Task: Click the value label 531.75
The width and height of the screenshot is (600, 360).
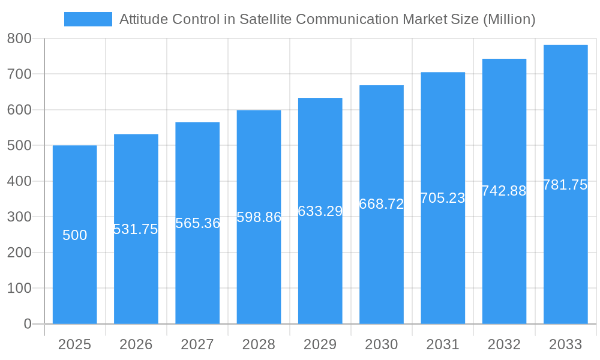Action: (136, 229)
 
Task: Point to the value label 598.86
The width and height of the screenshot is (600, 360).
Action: (259, 217)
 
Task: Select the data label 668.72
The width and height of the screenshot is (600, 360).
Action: (381, 204)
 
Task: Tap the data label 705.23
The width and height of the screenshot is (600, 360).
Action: (443, 198)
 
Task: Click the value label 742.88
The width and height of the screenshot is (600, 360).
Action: (504, 191)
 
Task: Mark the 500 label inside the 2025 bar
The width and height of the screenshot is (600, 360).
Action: (75, 235)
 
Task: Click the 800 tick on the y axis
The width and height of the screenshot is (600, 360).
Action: (19, 38)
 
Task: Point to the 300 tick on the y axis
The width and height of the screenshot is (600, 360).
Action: (19, 217)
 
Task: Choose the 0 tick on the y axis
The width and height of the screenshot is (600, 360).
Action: (28, 324)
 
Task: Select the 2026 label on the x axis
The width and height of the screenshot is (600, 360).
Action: (136, 344)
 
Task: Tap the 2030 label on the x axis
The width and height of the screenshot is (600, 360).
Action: (382, 344)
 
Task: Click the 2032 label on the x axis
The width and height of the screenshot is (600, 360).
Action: (504, 344)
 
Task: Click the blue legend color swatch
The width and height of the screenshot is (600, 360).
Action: (88, 19)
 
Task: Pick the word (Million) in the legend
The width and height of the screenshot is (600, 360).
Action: (509, 19)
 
